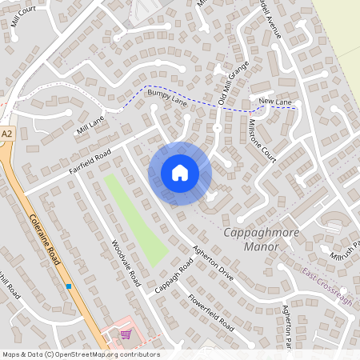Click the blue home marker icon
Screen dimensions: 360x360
click(180, 173)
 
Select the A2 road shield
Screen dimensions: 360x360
click(7, 134)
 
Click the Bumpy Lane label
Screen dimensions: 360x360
click(166, 98)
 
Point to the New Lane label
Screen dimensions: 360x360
click(274, 101)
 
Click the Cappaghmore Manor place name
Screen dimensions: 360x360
click(251, 239)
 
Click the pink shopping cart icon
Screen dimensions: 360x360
click(125, 334)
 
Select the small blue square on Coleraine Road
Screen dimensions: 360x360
click(70, 286)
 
